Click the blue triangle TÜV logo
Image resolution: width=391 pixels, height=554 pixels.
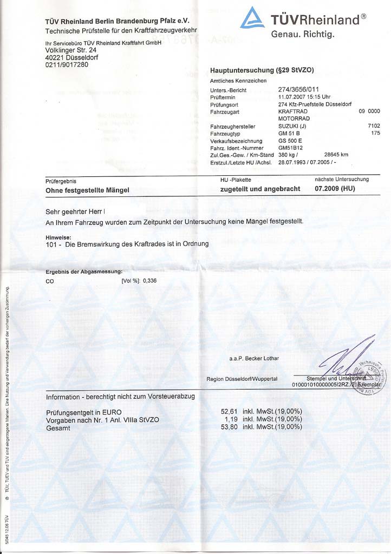click(x=252, y=18)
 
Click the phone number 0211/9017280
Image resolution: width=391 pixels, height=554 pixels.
click(x=67, y=65)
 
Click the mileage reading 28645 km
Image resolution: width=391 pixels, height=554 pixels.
click(x=336, y=155)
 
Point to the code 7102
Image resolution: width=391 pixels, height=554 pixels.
click(x=373, y=126)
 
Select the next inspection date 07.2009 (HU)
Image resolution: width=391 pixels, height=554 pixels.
click(x=335, y=189)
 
